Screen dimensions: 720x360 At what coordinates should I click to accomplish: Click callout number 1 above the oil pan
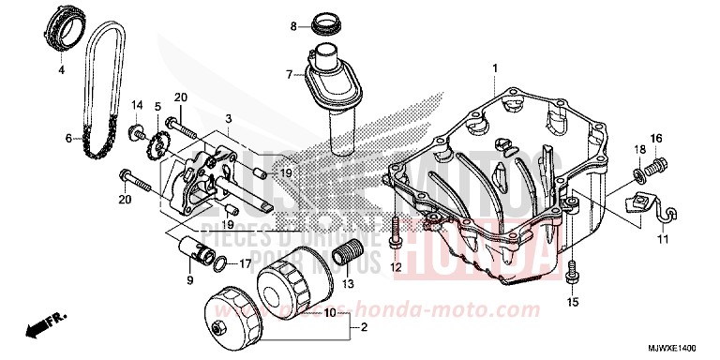(496, 66)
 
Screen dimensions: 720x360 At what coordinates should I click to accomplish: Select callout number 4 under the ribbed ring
(62, 69)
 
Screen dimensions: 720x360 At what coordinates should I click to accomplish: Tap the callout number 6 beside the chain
(67, 139)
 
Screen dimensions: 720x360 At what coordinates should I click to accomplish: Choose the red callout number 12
(396, 269)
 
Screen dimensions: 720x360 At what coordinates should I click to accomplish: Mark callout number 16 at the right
(657, 139)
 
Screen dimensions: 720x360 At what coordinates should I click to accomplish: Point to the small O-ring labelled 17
(219, 263)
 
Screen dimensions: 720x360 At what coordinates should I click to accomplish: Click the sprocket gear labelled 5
(157, 147)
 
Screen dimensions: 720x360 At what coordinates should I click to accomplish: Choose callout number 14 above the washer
(137, 104)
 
